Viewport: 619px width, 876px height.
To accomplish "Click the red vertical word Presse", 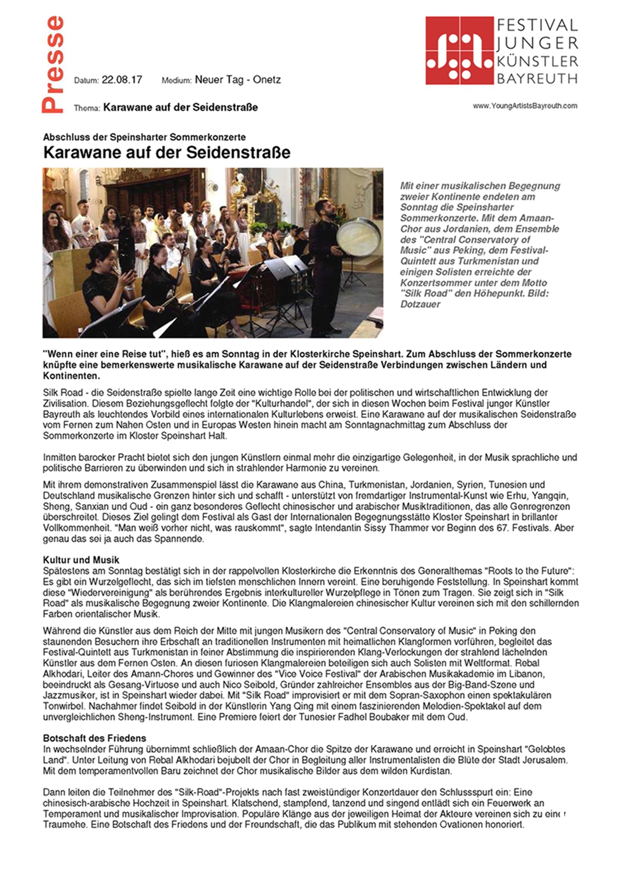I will [x=52, y=64].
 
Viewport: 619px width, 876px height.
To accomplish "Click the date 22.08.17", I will [x=121, y=79].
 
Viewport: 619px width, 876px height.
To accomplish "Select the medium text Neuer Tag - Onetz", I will [x=238, y=79].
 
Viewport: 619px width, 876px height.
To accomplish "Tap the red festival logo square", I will [x=459, y=50].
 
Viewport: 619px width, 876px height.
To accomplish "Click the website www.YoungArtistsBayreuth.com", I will [x=524, y=106].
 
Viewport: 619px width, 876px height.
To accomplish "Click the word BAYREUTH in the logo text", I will [x=537, y=78].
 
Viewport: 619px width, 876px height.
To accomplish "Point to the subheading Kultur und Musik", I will [x=81, y=560].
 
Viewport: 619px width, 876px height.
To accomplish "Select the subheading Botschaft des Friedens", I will [x=95, y=738].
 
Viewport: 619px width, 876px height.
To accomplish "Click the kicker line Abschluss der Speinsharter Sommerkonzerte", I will [x=144, y=137].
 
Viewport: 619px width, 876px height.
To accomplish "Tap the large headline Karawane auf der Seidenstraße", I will [x=166, y=153].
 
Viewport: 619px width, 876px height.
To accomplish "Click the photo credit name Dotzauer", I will [x=420, y=304].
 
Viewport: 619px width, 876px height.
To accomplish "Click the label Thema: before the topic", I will [x=87, y=108].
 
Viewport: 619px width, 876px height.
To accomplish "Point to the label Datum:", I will [x=86, y=81].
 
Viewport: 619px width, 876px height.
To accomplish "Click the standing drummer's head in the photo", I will [x=322, y=206].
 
